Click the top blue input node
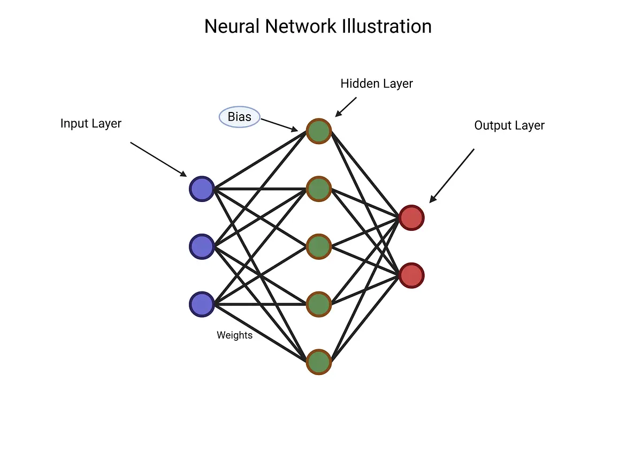[202, 189]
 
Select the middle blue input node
[202, 247]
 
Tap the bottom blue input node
[202, 304]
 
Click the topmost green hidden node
[319, 131]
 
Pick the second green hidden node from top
[319, 189]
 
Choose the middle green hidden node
[319, 247]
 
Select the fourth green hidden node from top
[319, 304]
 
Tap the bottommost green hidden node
[319, 362]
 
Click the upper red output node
[411, 218]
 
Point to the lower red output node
[411, 275]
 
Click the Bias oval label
[240, 117]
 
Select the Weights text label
[234, 335]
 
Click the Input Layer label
[91, 124]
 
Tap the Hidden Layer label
[377, 84]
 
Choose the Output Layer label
[509, 126]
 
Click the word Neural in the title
[232, 26]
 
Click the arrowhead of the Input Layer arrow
[184, 174]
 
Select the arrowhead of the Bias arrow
[295, 130]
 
